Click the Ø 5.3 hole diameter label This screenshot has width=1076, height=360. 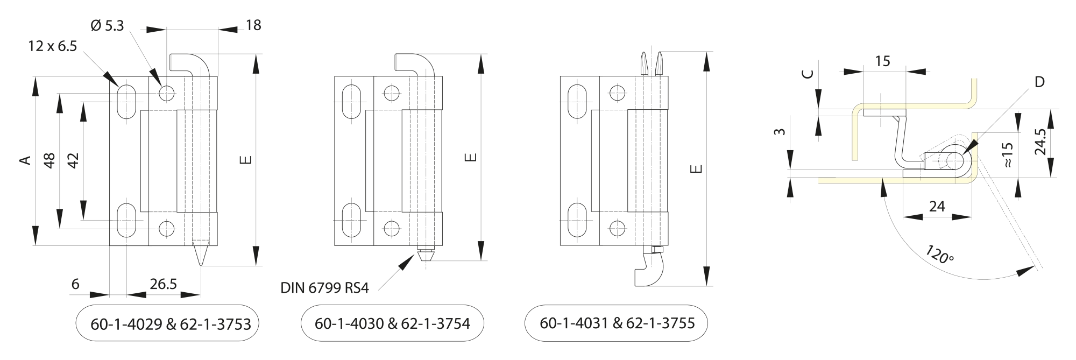coord(108,25)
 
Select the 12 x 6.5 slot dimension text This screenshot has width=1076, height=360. coord(53,46)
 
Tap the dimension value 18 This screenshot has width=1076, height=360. coord(253,25)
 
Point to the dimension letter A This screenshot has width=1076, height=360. coord(24,160)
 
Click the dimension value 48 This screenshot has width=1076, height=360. coord(49,160)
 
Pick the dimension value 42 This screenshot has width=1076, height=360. coord(73,160)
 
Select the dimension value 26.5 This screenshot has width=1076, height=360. coord(163,284)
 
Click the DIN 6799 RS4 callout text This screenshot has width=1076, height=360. coord(324,288)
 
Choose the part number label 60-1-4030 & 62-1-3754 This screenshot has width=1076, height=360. coord(392,323)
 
